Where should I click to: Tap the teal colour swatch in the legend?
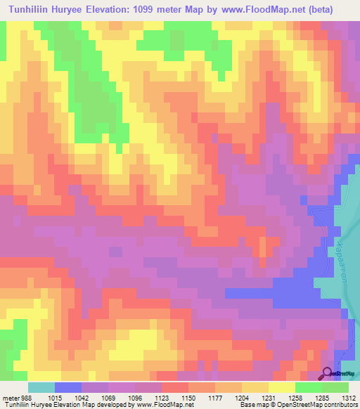41,387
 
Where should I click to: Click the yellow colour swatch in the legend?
282,387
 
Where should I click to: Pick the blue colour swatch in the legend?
68,387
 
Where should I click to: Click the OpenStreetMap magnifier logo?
327,373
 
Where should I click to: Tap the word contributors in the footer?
340,405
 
